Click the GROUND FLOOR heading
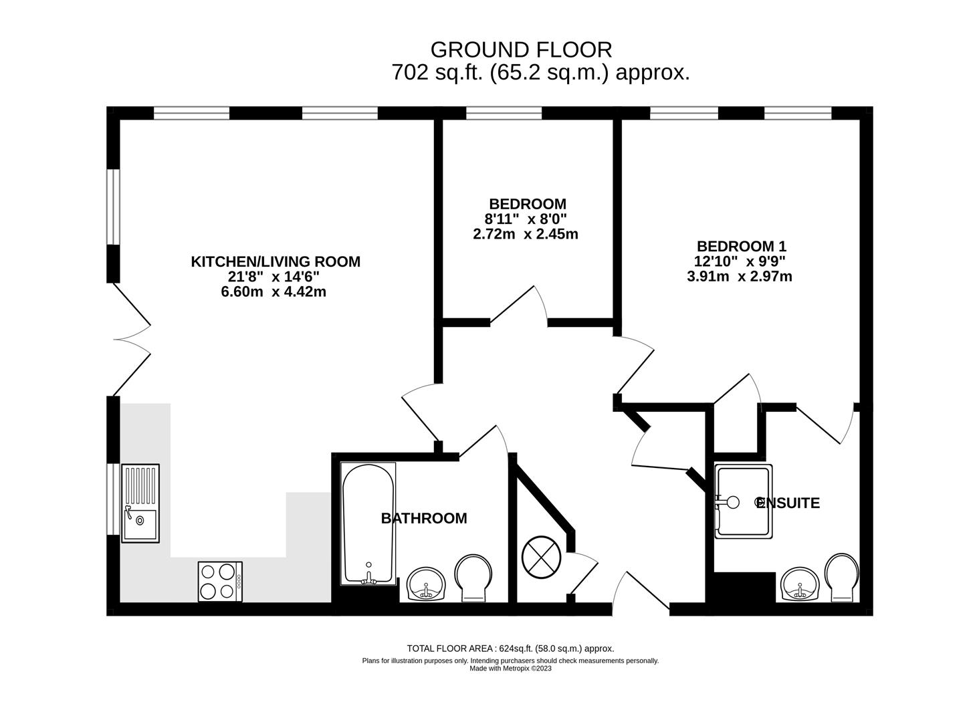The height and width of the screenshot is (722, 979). [x=521, y=50]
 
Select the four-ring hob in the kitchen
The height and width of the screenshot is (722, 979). [x=220, y=581]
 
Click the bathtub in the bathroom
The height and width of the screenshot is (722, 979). [x=368, y=523]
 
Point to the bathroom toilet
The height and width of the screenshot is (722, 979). [x=473, y=578]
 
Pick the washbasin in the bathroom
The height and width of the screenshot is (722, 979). [x=426, y=584]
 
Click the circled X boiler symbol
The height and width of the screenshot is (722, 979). [x=541, y=558]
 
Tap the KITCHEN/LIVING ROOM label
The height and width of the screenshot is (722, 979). [x=276, y=262]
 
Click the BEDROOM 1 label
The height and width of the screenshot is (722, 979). [x=741, y=246]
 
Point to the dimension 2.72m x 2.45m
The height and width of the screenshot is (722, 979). [x=526, y=234]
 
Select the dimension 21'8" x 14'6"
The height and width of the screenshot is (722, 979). [x=274, y=277]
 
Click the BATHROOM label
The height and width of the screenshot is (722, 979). [x=424, y=518]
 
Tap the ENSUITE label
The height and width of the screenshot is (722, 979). [x=788, y=503]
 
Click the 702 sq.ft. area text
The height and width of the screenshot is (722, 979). [x=540, y=73]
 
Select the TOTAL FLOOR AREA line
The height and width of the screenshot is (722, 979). [x=510, y=648]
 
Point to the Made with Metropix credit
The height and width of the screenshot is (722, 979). [x=510, y=669]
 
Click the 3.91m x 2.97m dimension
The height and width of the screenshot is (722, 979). [x=740, y=277]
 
